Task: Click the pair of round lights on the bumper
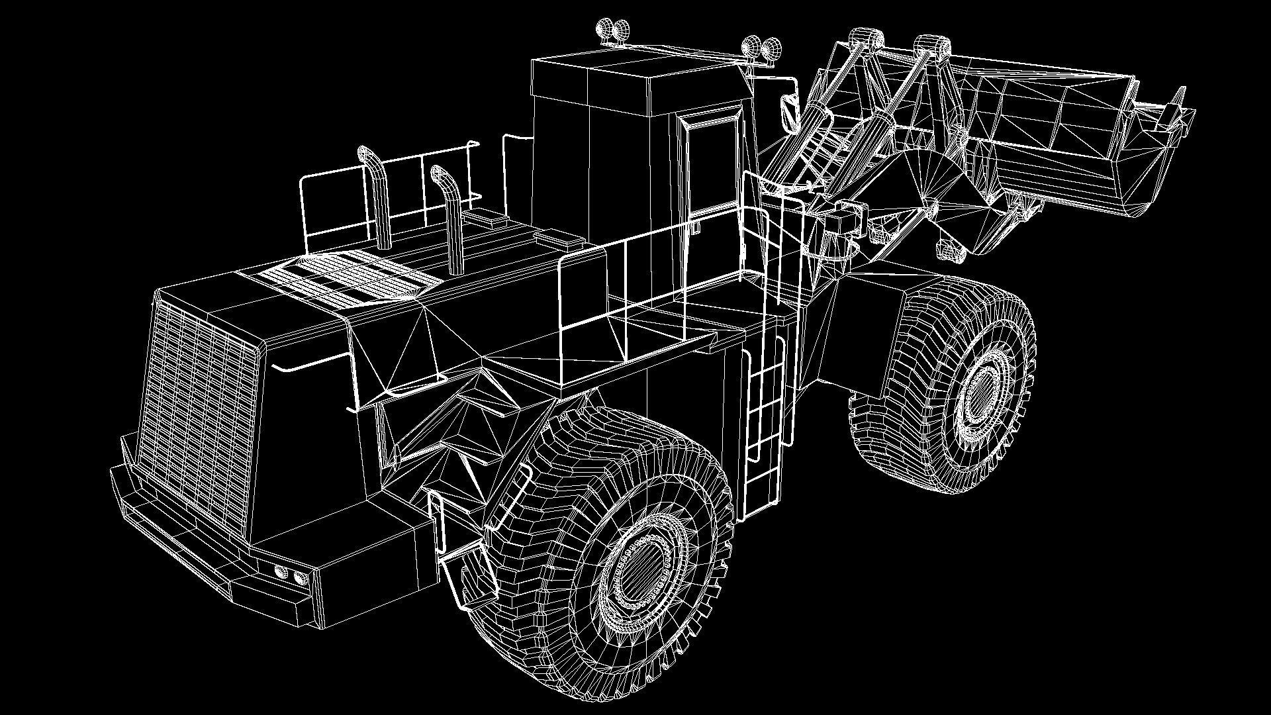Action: [x=289, y=574]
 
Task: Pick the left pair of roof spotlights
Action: [x=613, y=30]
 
